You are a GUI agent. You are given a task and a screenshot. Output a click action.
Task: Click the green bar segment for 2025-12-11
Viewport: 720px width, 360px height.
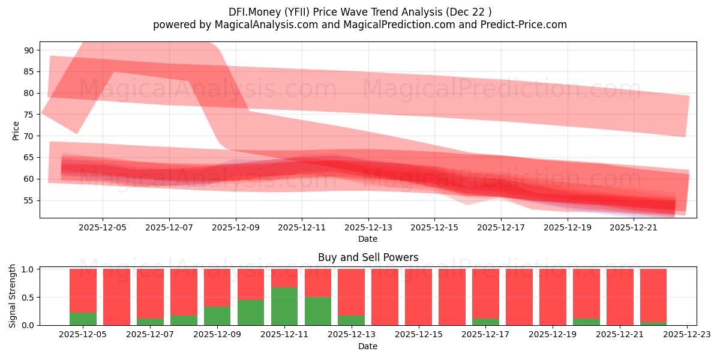(x=284, y=306)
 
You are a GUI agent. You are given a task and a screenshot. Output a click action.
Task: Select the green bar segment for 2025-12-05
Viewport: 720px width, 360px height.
(x=83, y=319)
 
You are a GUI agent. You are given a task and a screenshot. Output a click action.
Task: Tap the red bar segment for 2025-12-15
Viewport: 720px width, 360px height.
(x=418, y=297)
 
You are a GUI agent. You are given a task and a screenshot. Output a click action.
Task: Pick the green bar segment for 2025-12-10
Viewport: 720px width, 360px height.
(x=251, y=312)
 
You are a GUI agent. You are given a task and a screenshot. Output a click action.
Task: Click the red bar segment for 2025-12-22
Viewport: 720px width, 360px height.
(x=653, y=295)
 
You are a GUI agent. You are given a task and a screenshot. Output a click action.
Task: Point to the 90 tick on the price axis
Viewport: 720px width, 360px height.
(x=29, y=50)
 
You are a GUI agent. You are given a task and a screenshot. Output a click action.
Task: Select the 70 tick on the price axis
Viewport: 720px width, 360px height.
(x=29, y=136)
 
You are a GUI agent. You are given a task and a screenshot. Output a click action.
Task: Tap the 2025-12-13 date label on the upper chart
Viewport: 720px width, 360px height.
(x=368, y=227)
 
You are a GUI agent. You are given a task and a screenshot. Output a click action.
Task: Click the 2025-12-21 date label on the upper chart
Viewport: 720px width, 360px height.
(x=634, y=227)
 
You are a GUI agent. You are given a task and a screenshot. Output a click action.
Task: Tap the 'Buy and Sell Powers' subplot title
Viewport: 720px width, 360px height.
(x=368, y=258)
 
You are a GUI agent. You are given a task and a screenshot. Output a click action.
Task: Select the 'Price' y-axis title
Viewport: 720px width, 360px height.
(x=16, y=131)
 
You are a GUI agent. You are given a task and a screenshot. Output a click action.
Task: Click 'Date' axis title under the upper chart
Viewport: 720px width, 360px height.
(x=368, y=239)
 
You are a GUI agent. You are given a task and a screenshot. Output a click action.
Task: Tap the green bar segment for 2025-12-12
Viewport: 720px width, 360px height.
(x=318, y=311)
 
